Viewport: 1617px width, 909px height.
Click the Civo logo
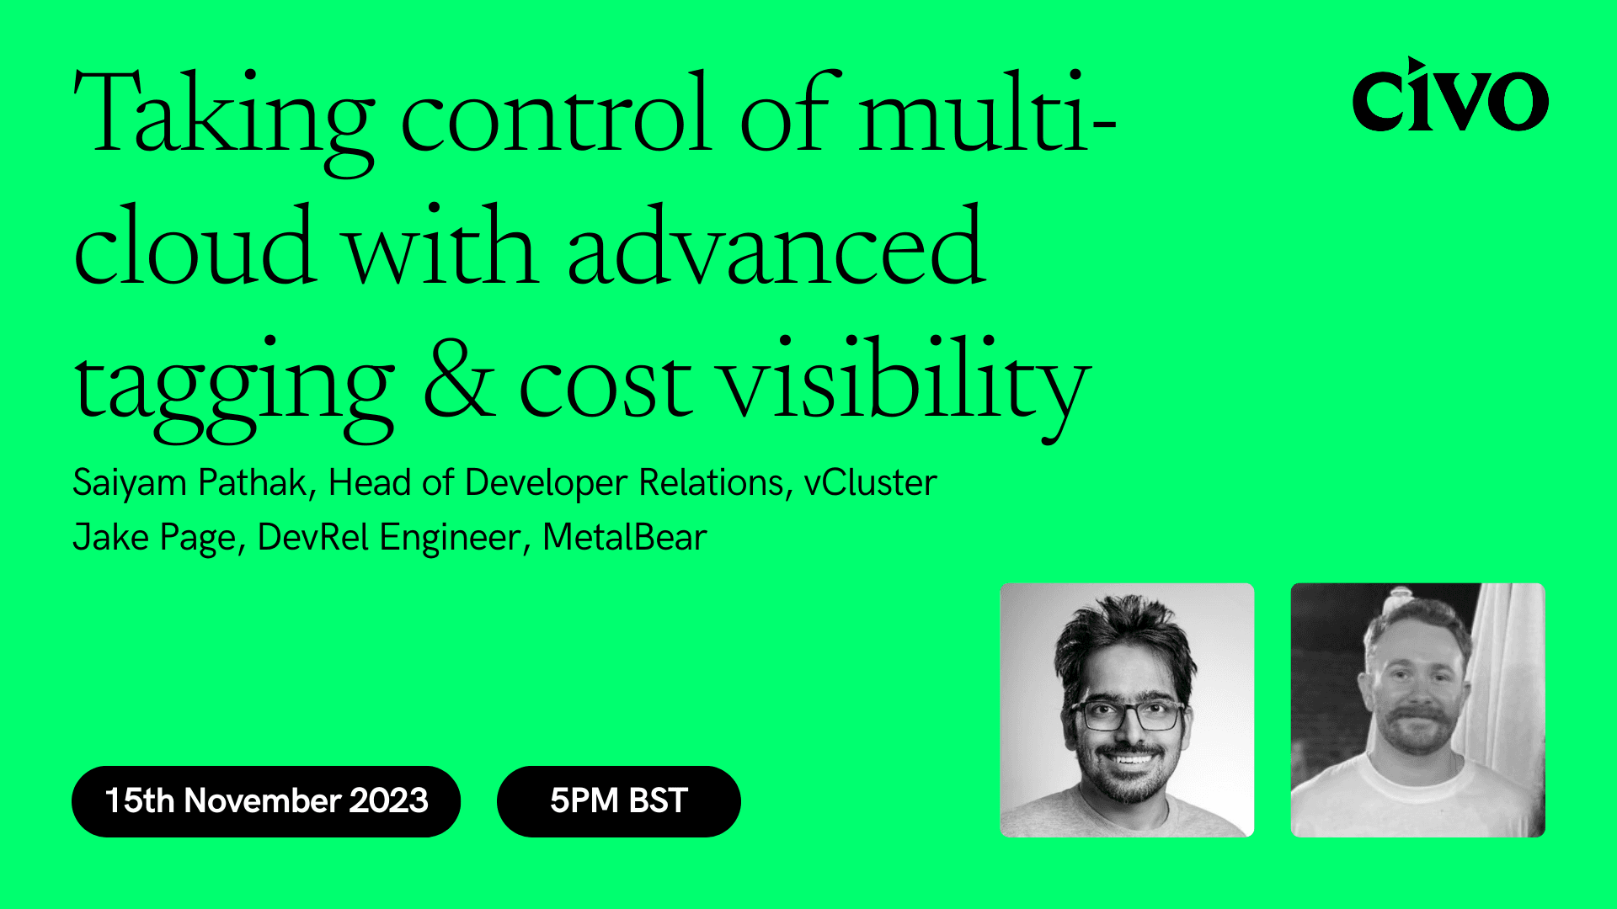tap(1449, 97)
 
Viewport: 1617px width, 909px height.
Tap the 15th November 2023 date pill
tap(266, 800)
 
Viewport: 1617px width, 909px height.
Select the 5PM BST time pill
tap(618, 800)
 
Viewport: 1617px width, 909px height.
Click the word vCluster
tap(870, 483)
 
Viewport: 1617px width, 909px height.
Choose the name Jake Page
tap(154, 538)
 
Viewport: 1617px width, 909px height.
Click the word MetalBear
tap(624, 538)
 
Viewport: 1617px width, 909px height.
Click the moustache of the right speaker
tap(1417, 716)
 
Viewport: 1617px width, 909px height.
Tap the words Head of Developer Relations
tap(556, 483)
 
